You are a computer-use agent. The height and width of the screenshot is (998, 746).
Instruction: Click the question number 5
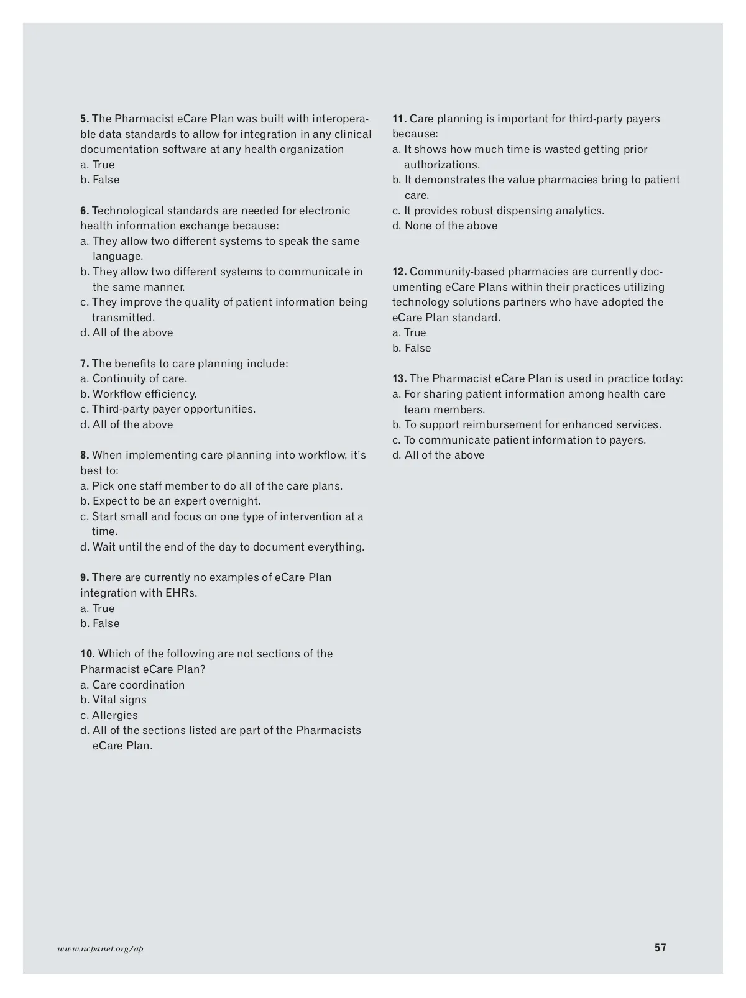[x=85, y=119]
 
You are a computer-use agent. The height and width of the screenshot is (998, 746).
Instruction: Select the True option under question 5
[x=98, y=165]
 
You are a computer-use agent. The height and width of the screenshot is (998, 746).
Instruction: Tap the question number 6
[x=85, y=211]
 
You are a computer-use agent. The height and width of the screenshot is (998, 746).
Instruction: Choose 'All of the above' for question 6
[x=127, y=332]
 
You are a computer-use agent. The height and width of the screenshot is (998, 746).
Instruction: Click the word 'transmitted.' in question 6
[x=123, y=318]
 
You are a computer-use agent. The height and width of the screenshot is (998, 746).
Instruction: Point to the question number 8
[x=85, y=455]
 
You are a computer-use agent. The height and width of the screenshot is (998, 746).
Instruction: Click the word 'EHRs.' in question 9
[x=181, y=593]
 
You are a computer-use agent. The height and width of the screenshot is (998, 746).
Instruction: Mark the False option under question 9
[x=100, y=623]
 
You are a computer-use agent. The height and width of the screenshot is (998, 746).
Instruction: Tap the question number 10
[x=88, y=654]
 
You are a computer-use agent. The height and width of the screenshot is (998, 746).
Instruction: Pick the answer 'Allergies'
[x=109, y=715]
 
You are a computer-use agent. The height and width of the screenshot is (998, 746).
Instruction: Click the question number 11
[x=399, y=119]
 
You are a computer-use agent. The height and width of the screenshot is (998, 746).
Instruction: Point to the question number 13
[x=399, y=378]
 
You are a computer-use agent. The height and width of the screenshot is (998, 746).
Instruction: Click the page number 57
[x=660, y=948]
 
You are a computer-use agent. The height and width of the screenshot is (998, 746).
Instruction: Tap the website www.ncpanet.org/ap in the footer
[x=100, y=949]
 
